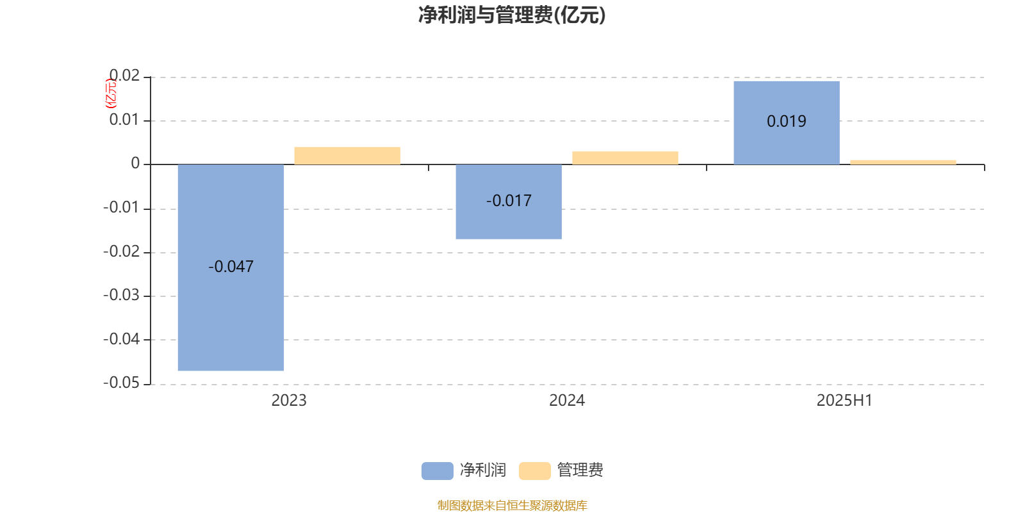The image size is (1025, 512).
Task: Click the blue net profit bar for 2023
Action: click(x=231, y=268)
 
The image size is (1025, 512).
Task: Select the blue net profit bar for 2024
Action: click(x=509, y=202)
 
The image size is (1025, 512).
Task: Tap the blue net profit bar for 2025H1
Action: click(x=787, y=123)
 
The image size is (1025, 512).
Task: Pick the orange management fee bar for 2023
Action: click(x=347, y=156)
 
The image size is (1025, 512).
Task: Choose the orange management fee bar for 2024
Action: click(x=625, y=157)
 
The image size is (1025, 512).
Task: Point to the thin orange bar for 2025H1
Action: click(x=903, y=163)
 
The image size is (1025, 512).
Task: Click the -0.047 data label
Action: click(x=231, y=266)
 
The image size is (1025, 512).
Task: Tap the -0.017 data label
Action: click(x=509, y=201)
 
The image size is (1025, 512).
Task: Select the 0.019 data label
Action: click(x=786, y=121)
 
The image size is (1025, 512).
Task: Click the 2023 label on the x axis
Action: click(x=289, y=401)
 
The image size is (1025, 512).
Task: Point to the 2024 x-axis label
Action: click(x=567, y=401)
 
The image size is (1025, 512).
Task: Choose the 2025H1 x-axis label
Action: click(x=845, y=401)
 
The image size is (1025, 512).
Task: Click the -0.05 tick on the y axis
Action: click(x=121, y=383)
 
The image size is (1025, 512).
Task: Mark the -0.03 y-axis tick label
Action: click(x=121, y=295)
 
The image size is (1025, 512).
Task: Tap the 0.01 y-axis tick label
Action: click(x=124, y=120)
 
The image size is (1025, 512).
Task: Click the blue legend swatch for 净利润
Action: click(x=437, y=471)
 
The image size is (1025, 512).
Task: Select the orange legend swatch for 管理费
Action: click(x=534, y=471)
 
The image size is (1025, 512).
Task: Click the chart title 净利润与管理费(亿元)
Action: click(x=512, y=15)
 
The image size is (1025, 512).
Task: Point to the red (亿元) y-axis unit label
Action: click(x=111, y=93)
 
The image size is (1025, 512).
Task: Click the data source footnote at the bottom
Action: click(x=512, y=505)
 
